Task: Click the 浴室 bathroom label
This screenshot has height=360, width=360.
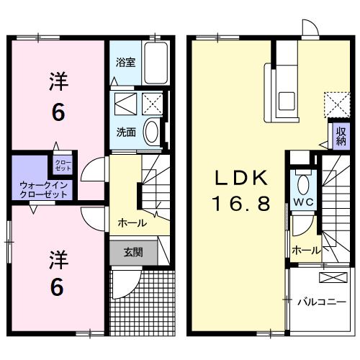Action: (125, 62)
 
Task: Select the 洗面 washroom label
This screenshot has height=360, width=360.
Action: (126, 132)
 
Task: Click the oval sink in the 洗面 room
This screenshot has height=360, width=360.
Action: (152, 132)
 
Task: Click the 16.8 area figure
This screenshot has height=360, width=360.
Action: (240, 204)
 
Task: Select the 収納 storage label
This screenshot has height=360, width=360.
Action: (340, 136)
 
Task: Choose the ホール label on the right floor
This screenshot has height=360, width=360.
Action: (306, 250)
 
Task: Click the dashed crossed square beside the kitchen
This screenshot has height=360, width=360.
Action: (334, 103)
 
